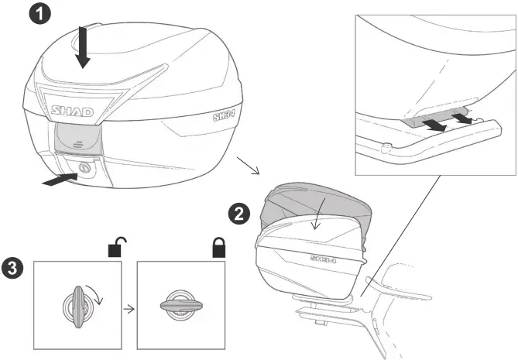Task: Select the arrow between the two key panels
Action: (x=128, y=307)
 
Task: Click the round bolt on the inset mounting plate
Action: (x=386, y=147)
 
